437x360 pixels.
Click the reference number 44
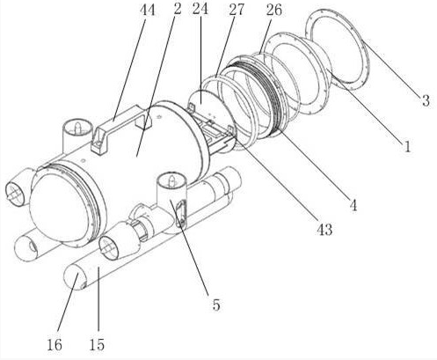tap(148, 10)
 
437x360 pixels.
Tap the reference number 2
tap(177, 9)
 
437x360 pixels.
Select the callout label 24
tap(200, 9)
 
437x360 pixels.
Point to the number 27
tap(237, 10)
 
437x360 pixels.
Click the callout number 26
tap(274, 10)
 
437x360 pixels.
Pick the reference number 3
tap(426, 100)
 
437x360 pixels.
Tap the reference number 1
tap(407, 146)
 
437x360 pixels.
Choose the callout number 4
tap(353, 205)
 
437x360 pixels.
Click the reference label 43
tap(324, 229)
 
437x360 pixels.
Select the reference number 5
tap(216, 305)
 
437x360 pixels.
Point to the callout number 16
tap(55, 344)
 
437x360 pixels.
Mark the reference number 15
tap(97, 344)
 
